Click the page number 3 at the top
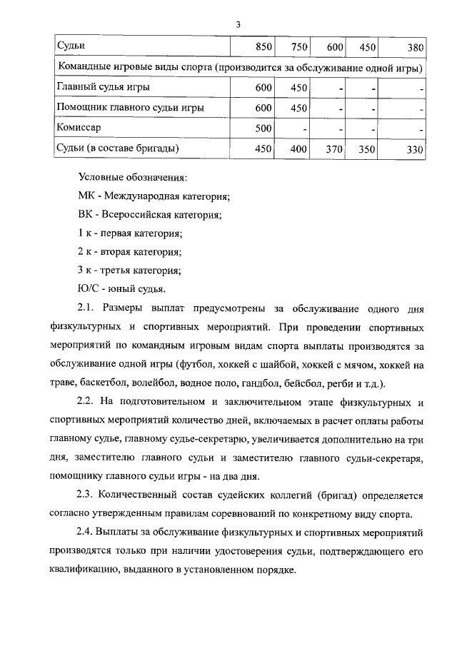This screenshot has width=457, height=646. point(238,26)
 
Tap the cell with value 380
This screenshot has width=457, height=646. point(415,47)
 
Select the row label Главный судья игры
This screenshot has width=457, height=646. point(103,88)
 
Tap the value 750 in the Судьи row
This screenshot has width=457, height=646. point(298,47)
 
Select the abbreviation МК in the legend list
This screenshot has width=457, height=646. point(86,196)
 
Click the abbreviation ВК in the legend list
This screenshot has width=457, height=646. point(85,215)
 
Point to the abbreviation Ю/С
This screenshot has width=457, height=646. point(87,289)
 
